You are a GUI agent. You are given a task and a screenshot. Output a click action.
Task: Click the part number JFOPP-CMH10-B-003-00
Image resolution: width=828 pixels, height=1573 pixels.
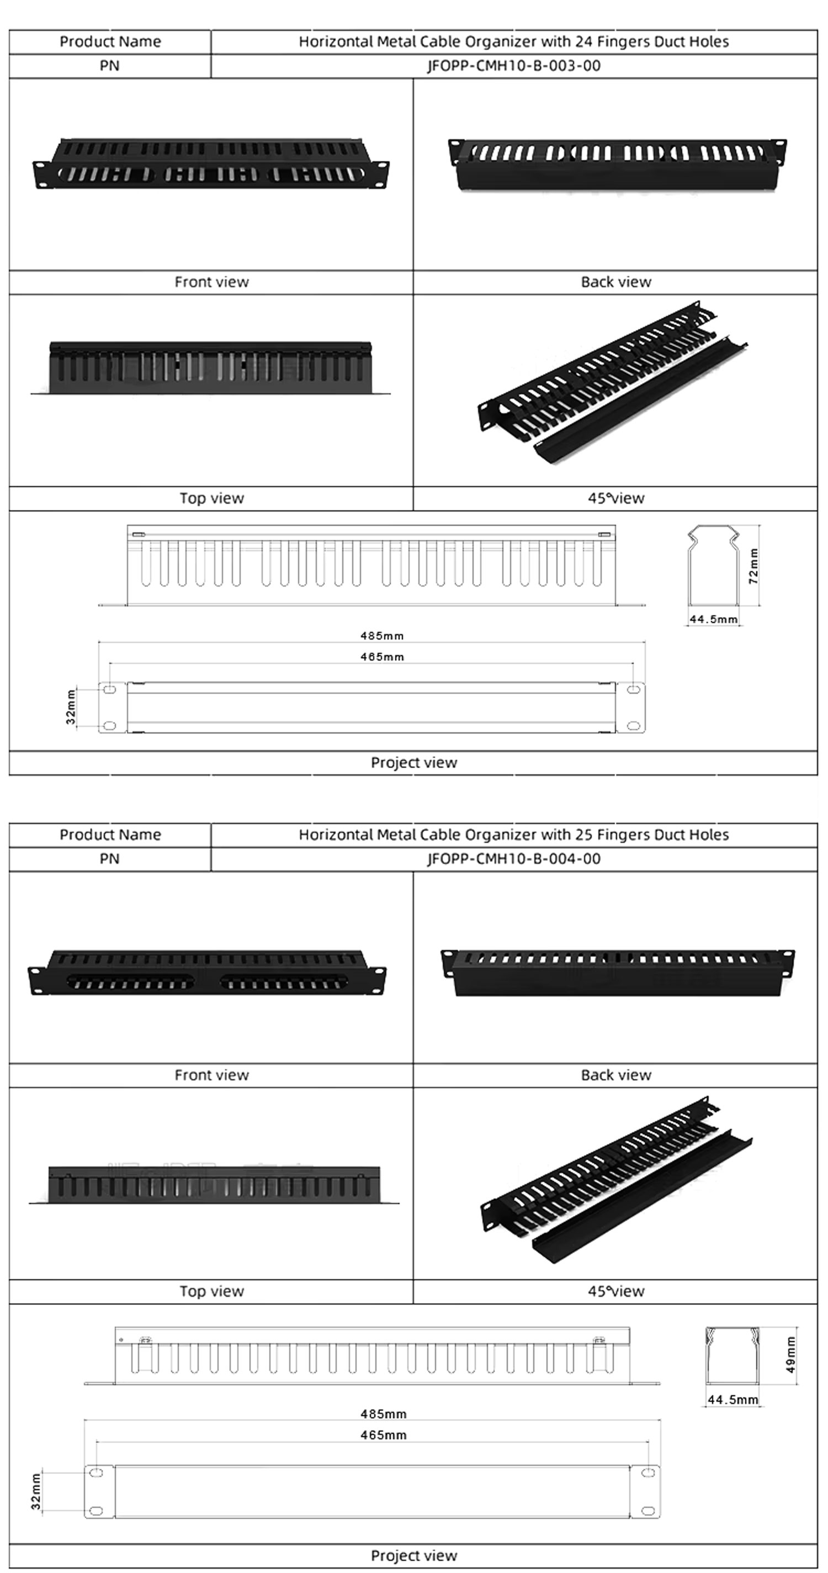point(514,66)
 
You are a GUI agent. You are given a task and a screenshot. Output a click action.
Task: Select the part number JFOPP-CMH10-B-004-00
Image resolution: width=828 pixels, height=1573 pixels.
point(514,859)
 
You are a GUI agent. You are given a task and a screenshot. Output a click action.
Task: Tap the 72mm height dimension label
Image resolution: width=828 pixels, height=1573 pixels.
point(754,566)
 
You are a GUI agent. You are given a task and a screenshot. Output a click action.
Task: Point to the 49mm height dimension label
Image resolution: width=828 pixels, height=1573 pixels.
point(791,1354)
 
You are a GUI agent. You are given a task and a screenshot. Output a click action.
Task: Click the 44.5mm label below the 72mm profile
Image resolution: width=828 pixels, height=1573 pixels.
point(713,619)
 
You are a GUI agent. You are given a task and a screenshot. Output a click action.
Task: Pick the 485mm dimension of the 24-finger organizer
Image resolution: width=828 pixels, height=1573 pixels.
point(382,636)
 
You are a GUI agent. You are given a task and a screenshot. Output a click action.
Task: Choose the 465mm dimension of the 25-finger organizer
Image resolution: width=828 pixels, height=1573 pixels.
point(383,1435)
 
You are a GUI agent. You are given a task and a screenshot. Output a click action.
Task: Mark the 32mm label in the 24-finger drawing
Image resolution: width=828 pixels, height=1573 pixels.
point(71,707)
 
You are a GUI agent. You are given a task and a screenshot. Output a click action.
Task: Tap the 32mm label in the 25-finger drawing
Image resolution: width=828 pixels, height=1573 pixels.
point(36,1491)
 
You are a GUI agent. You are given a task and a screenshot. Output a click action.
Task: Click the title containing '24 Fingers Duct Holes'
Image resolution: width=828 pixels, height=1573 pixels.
point(514,41)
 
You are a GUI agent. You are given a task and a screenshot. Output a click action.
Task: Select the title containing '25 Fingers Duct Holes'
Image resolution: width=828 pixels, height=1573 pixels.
point(514,835)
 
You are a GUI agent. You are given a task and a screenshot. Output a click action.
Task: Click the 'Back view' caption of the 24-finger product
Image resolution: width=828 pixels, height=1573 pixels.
point(615,282)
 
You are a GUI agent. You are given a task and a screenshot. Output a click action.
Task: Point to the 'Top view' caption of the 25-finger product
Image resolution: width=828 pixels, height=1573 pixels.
point(212,1291)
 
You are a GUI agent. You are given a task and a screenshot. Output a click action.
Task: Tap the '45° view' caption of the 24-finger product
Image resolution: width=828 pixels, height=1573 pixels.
point(615,498)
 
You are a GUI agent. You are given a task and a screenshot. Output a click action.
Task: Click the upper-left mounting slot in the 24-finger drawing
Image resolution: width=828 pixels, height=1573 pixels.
point(110,689)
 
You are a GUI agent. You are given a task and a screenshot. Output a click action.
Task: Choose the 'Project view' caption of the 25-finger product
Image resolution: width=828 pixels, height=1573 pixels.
point(413,1556)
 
